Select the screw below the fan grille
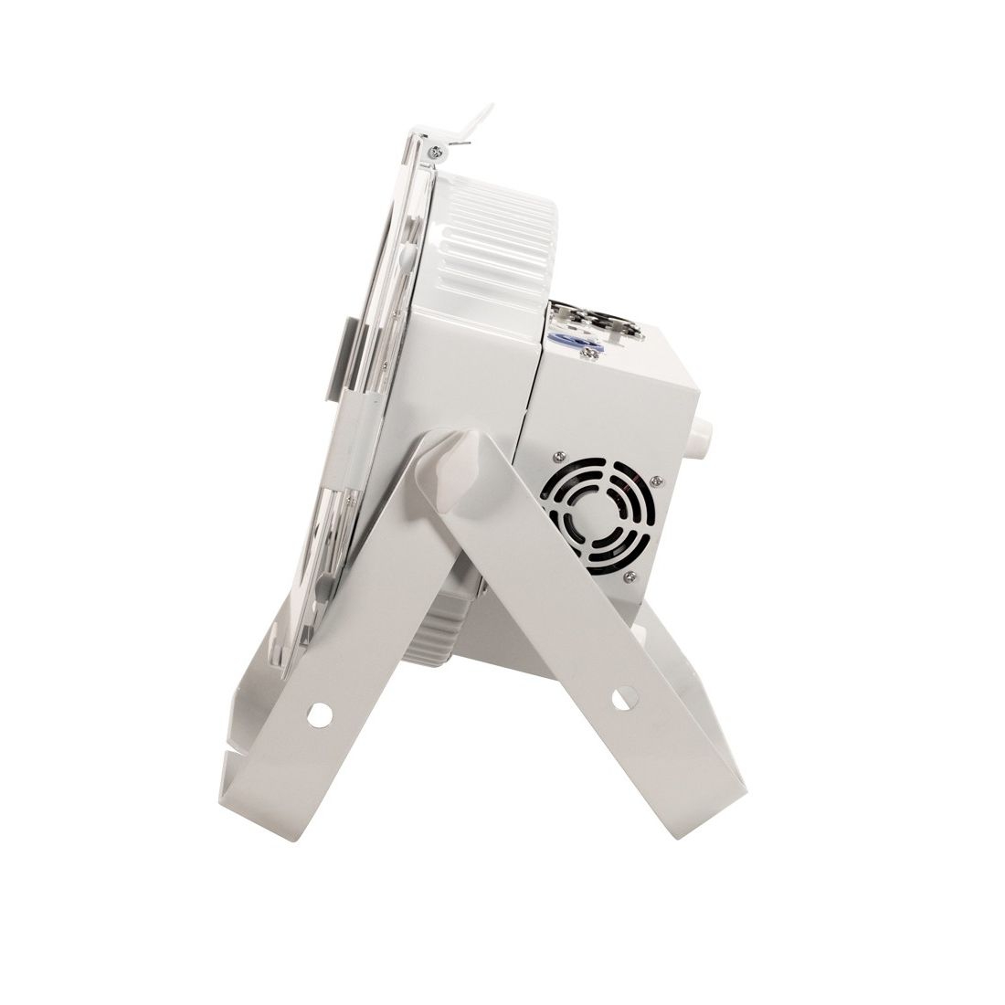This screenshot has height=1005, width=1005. pyautogui.click(x=629, y=576)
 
